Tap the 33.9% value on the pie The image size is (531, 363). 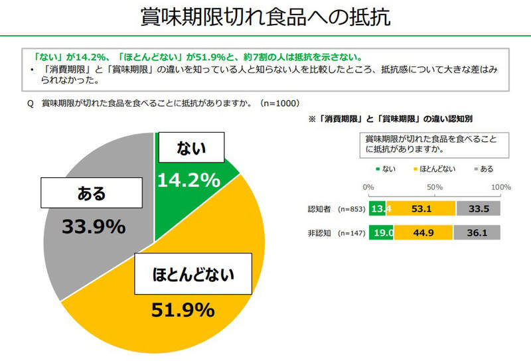tap(94, 226)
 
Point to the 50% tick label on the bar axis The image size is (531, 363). tap(435, 187)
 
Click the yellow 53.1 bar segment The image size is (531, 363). tap(421, 210)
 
